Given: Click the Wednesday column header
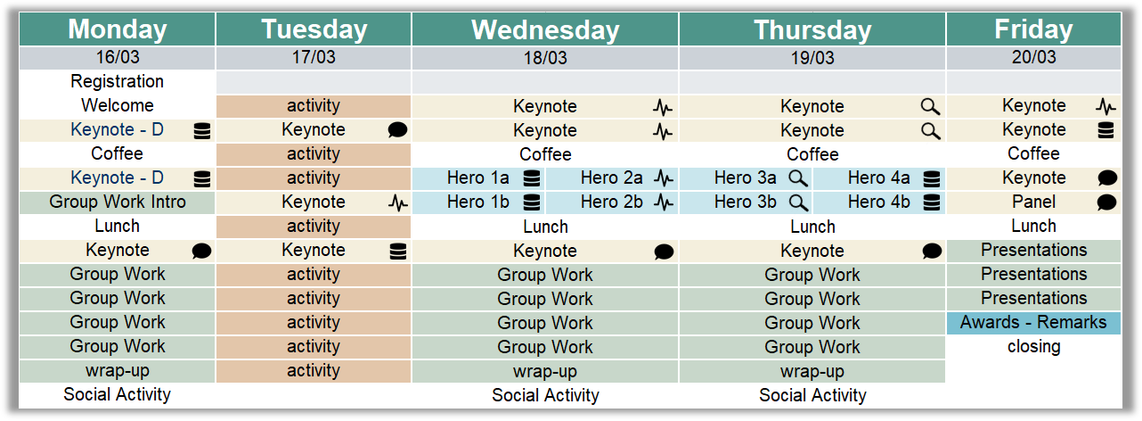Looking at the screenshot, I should (545, 29).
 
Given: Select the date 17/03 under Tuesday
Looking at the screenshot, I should (314, 58).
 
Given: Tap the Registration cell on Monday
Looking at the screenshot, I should (117, 81).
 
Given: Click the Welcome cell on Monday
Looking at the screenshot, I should (117, 105).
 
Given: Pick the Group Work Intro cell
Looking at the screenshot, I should (117, 202).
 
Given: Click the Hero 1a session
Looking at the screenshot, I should (478, 177).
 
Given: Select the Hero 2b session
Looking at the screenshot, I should (612, 202).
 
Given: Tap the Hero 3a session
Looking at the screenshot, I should (746, 177).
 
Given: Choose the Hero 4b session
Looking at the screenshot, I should (879, 202).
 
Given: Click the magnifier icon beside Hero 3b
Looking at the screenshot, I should (798, 202).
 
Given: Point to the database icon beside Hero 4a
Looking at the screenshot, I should (932, 178).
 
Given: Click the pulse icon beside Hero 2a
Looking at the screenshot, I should (664, 178).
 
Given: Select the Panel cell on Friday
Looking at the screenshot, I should (1033, 202).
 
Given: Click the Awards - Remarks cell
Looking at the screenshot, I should (1033, 322).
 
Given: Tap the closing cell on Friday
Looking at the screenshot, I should (1033, 346).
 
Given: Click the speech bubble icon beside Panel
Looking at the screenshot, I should (1106, 202).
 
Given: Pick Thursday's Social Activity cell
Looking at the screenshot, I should (812, 395).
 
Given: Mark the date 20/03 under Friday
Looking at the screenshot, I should (1033, 57).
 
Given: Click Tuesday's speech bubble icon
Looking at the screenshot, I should (397, 130).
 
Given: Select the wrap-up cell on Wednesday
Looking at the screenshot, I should (545, 371).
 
